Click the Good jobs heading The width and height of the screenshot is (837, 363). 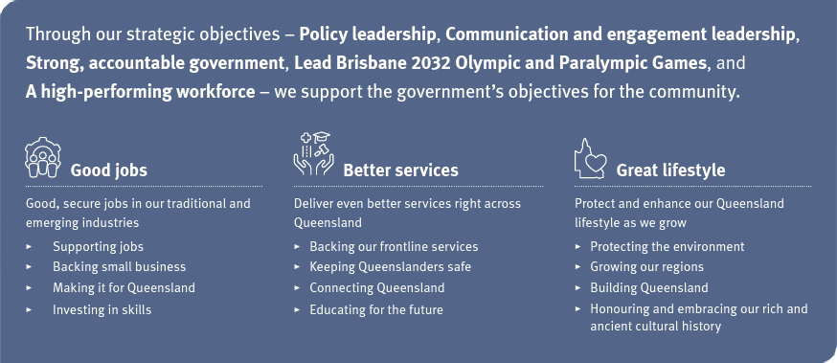tap(108, 170)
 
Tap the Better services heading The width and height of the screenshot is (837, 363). tap(400, 170)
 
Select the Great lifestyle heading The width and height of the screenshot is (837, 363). tap(670, 170)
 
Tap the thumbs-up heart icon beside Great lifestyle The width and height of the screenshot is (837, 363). tap(591, 158)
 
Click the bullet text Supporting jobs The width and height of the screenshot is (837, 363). tap(98, 246)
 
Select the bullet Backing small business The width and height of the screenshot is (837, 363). tap(119, 266)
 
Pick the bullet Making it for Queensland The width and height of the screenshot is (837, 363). tap(124, 287)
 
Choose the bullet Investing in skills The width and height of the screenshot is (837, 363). tap(102, 309)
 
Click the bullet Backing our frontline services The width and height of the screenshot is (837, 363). tap(394, 246)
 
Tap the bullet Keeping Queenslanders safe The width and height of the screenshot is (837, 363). tap(390, 266)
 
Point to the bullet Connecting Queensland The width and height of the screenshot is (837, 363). tap(376, 287)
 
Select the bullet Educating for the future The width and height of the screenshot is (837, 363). tap(375, 309)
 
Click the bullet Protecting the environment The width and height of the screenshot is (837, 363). tap(667, 246)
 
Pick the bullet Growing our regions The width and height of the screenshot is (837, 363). tap(646, 266)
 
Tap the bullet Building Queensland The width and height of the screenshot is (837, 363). tap(649, 287)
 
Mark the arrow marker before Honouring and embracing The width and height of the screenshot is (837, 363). tap(578, 309)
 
